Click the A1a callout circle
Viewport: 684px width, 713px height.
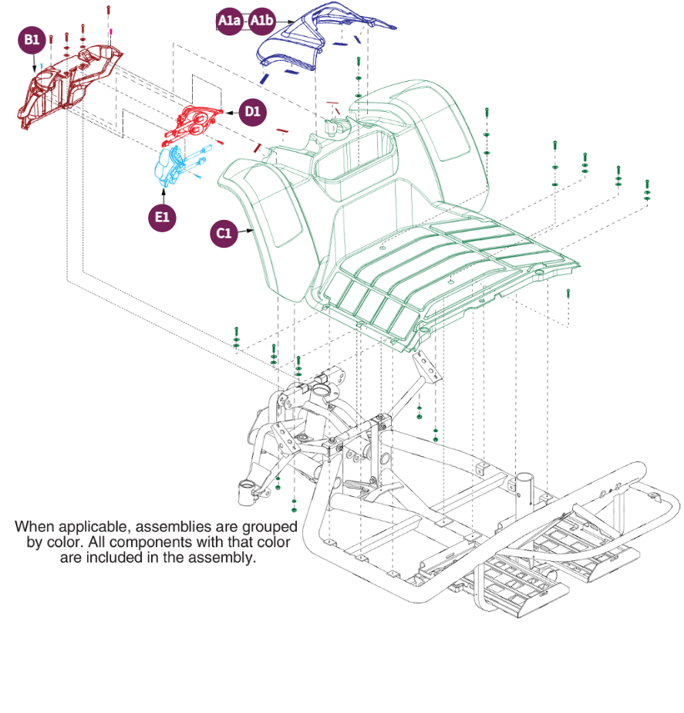point(229,22)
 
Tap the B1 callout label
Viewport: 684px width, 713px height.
point(32,40)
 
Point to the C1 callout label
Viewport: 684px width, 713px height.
point(224,233)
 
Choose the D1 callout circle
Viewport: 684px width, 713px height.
point(252,112)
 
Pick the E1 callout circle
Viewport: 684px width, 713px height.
point(161,218)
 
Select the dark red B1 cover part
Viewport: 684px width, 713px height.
point(69,81)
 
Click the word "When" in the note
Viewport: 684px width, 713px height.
point(35,526)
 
